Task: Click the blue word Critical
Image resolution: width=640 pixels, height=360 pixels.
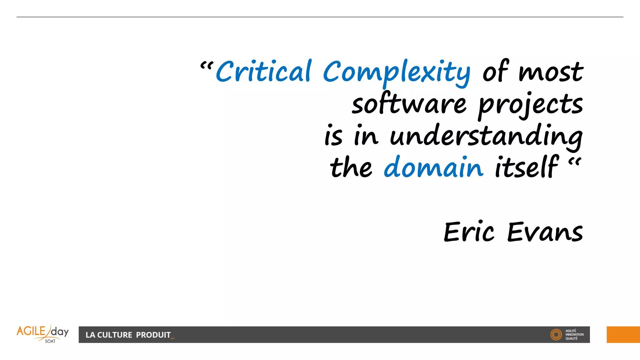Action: pyautogui.click(x=263, y=72)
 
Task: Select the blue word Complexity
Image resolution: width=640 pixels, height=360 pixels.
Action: pyautogui.click(x=396, y=72)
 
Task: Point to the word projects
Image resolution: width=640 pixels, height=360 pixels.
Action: pyautogui.click(x=530, y=105)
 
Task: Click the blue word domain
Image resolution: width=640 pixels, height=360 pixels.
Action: pyautogui.click(x=433, y=167)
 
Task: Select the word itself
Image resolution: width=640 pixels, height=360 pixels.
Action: pyautogui.click(x=526, y=167)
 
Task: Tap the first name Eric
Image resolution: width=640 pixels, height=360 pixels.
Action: pyautogui.click(x=469, y=232)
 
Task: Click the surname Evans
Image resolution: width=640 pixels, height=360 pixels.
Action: pyautogui.click(x=545, y=232)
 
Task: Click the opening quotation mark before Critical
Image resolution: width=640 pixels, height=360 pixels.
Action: pyautogui.click(x=207, y=66)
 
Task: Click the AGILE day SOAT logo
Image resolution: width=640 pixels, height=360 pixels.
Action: pyautogui.click(x=43, y=334)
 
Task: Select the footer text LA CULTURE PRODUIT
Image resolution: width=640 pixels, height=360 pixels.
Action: pyautogui.click(x=128, y=335)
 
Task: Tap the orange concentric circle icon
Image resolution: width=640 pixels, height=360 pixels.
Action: pyautogui.click(x=556, y=335)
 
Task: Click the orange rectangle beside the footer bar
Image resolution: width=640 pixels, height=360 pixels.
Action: pyautogui.click(x=623, y=335)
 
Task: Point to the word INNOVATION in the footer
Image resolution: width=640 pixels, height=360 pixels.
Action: pyautogui.click(x=574, y=335)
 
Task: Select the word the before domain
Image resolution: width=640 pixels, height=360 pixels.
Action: pyautogui.click(x=351, y=167)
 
